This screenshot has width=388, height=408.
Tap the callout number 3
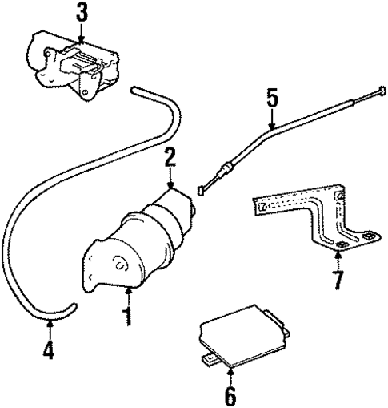tap(82, 14)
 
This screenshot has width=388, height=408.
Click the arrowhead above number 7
tap(337, 256)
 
